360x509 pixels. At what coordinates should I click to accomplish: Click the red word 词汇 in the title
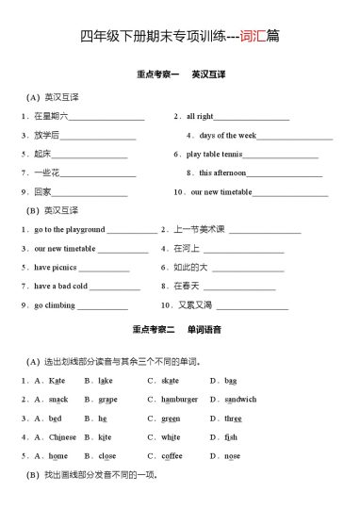[x=254, y=37]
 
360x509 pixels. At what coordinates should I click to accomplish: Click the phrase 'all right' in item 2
[x=200, y=116]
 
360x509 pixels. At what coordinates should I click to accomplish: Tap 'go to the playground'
[x=70, y=229]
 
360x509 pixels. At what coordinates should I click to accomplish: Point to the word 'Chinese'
[x=62, y=436]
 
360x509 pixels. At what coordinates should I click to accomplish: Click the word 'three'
[x=233, y=418]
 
